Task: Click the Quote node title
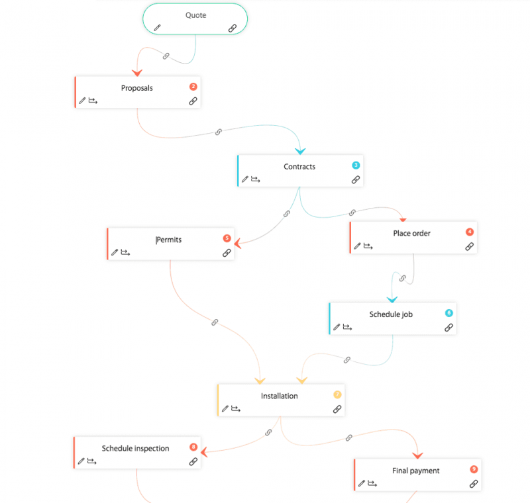click(195, 15)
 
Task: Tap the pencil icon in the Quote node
click(157, 28)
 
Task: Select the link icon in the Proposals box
click(193, 101)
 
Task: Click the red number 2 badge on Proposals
click(193, 87)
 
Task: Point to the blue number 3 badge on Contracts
click(356, 165)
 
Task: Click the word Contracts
click(299, 167)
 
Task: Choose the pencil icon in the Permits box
click(115, 252)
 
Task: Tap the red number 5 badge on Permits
click(227, 238)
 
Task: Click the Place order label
click(411, 233)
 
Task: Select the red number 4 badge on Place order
click(470, 232)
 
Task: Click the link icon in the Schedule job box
click(449, 327)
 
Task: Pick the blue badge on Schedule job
click(449, 313)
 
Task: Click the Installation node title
click(279, 396)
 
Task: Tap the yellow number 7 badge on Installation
click(337, 394)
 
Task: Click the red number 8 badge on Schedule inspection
click(193, 447)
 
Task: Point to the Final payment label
click(416, 471)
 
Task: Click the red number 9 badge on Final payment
click(474, 469)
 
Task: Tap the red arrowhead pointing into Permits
click(237, 244)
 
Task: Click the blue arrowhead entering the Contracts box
click(300, 150)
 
